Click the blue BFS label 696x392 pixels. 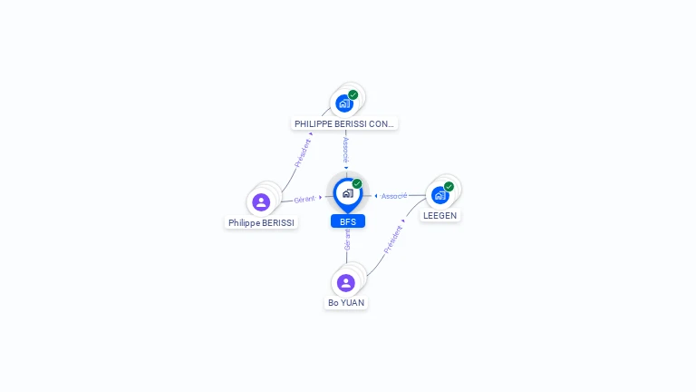click(x=347, y=221)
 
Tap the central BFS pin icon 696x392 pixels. click(x=347, y=193)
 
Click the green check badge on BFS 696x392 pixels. click(x=357, y=184)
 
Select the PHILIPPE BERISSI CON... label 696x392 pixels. click(x=344, y=123)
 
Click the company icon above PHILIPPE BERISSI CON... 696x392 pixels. click(x=343, y=103)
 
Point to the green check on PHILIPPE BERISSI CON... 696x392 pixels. click(x=353, y=94)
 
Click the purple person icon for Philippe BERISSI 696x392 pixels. click(x=261, y=201)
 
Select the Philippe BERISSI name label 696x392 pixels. click(x=261, y=222)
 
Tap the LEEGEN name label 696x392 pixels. click(x=440, y=216)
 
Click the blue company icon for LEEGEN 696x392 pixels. click(x=440, y=195)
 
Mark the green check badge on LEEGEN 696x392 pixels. click(x=449, y=186)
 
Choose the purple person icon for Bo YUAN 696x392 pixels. click(x=346, y=282)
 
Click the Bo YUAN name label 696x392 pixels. click(x=346, y=303)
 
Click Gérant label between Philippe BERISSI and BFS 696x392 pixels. click(x=304, y=199)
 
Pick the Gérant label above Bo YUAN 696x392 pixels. click(x=347, y=240)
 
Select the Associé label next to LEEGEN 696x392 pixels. click(x=394, y=196)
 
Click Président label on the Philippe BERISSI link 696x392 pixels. click(x=303, y=152)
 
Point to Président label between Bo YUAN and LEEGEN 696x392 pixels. click(x=392, y=239)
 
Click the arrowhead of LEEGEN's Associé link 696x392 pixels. click(x=375, y=196)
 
